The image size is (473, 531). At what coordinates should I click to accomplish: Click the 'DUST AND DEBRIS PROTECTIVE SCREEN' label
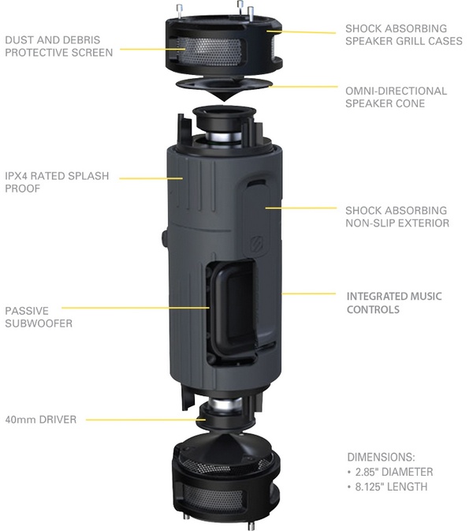pos(58,45)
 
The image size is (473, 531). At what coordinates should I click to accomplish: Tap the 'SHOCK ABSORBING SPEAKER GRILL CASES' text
pos(403,35)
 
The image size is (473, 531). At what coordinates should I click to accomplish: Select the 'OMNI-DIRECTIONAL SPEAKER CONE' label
pos(396,97)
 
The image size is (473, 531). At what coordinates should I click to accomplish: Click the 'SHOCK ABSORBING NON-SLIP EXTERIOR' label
pos(397,216)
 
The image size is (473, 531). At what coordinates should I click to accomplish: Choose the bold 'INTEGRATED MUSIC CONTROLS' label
pos(394,303)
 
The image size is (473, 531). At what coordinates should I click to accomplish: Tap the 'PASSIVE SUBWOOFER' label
pos(39,316)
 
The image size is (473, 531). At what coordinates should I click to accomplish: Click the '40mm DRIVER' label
pos(40,420)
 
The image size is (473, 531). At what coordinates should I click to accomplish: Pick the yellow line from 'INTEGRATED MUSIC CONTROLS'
pos(311,294)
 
